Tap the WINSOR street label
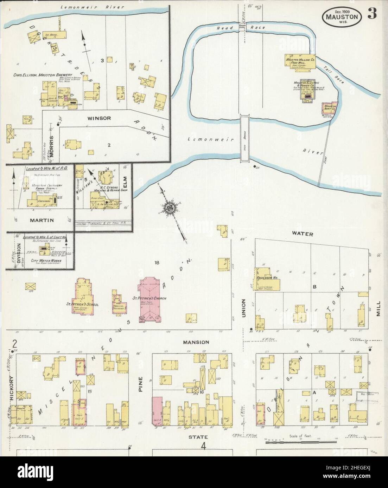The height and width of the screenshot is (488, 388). click(100, 118)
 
